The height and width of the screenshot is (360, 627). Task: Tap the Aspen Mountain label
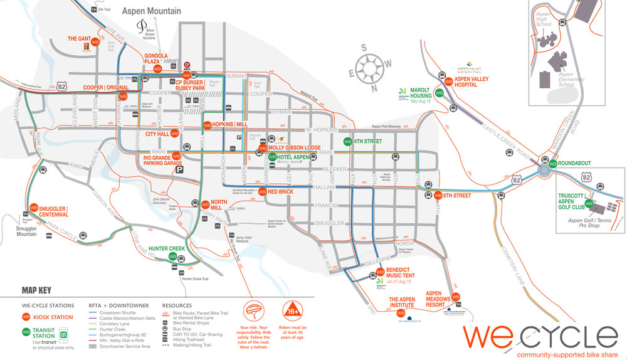[151, 11]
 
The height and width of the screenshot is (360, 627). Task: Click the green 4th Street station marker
[347, 142]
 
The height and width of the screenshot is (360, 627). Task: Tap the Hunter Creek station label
[167, 249]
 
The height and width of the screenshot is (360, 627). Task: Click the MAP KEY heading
[36, 290]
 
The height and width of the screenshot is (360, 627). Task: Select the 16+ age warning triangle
[293, 311]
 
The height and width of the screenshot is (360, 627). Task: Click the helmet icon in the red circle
[255, 311]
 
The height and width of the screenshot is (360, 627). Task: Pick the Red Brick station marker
[263, 192]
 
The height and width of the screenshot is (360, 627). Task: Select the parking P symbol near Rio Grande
[180, 169]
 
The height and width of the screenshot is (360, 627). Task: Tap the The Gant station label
[79, 39]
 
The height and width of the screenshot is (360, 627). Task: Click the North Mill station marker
[204, 203]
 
